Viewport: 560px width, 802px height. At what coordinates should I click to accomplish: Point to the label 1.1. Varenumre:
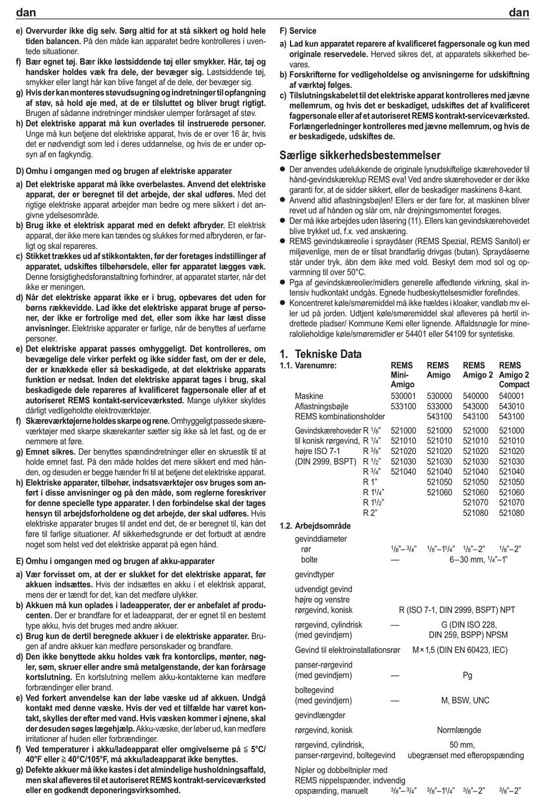point(307,366)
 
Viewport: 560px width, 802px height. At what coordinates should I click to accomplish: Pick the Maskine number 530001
point(403,396)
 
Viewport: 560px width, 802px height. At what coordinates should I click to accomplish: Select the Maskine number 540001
point(511,396)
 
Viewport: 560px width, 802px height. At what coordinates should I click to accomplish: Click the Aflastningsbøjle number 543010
point(511,406)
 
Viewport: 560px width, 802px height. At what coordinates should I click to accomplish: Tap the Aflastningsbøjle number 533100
point(403,406)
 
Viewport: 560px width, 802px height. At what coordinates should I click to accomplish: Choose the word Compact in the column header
point(514,384)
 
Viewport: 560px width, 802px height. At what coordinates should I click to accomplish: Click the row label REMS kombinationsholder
point(340,416)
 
